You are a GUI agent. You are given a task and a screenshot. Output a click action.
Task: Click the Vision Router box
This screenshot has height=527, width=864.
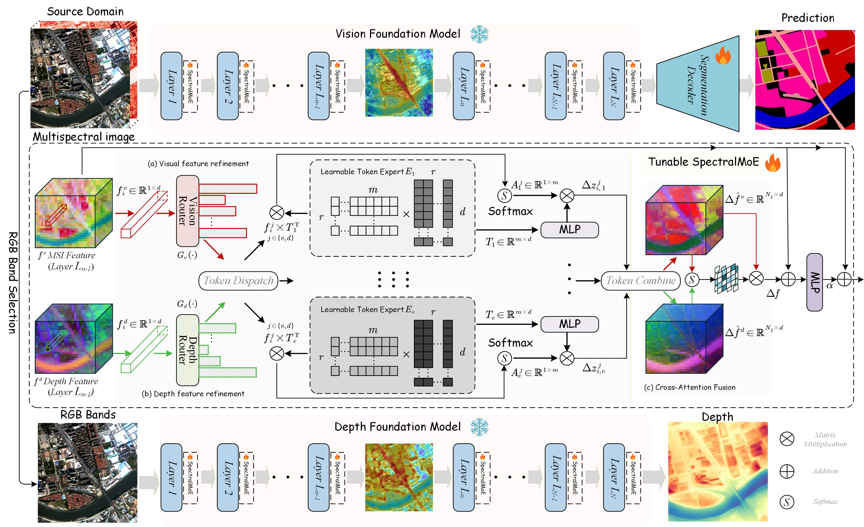[x=187, y=210]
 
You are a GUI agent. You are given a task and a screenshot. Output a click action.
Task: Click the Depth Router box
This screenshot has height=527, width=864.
[x=187, y=350]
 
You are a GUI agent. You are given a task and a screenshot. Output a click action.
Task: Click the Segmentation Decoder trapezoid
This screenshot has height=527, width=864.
[x=698, y=84]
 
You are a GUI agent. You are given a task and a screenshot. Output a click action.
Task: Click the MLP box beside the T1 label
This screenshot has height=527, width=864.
[x=570, y=230]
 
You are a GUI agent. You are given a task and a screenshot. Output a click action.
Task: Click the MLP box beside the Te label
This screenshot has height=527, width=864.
[x=570, y=324]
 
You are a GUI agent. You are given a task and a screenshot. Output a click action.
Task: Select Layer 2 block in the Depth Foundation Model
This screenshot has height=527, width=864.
[x=227, y=477]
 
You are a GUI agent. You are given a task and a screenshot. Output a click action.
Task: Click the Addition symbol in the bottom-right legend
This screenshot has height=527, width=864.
[x=787, y=471]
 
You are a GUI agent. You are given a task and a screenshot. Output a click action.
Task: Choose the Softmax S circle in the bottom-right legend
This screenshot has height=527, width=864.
[x=787, y=502]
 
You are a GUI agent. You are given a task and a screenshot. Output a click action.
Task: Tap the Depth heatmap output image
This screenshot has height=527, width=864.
[x=717, y=472]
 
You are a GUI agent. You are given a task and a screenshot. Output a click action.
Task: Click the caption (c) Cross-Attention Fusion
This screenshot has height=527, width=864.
[x=689, y=387]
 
